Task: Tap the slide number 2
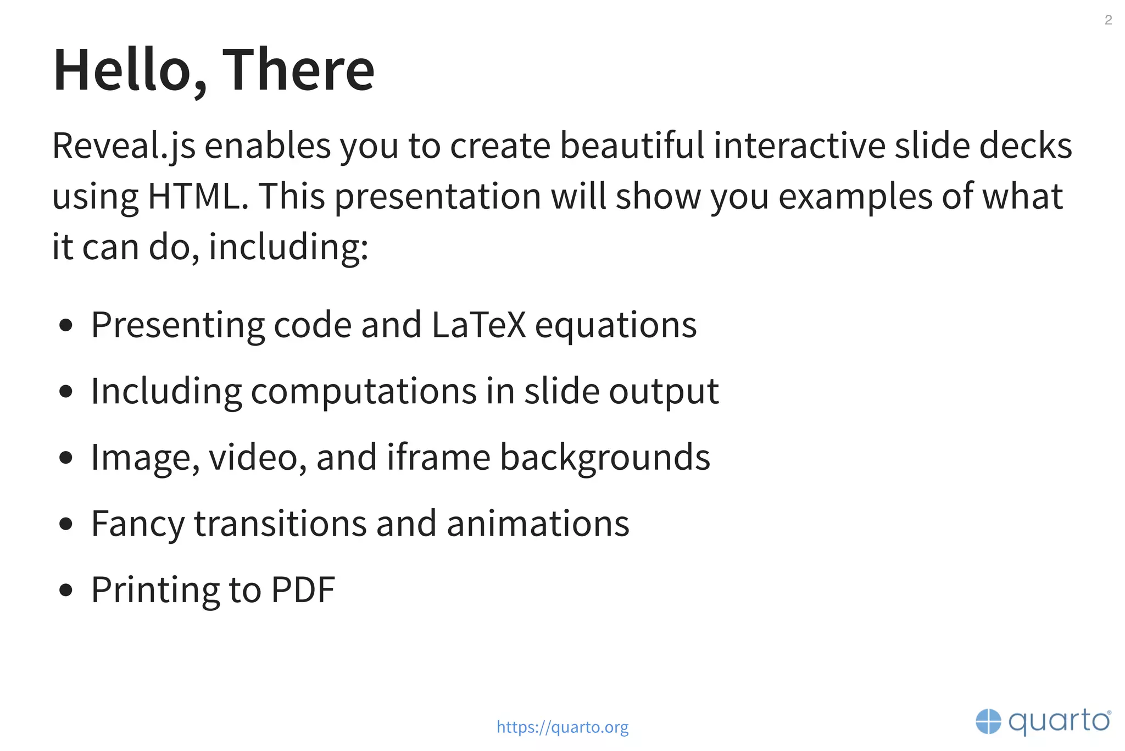[1108, 20]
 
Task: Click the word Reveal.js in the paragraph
[124, 146]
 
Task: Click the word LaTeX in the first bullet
[478, 325]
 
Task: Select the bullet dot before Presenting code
[66, 325]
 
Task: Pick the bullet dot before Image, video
[66, 458]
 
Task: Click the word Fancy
[137, 524]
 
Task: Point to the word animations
[538, 524]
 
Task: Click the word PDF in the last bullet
[303, 590]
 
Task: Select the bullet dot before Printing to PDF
[66, 590]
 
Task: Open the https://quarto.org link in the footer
[562, 727]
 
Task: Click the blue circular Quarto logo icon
[988, 721]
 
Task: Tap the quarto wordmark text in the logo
[1059, 721]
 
